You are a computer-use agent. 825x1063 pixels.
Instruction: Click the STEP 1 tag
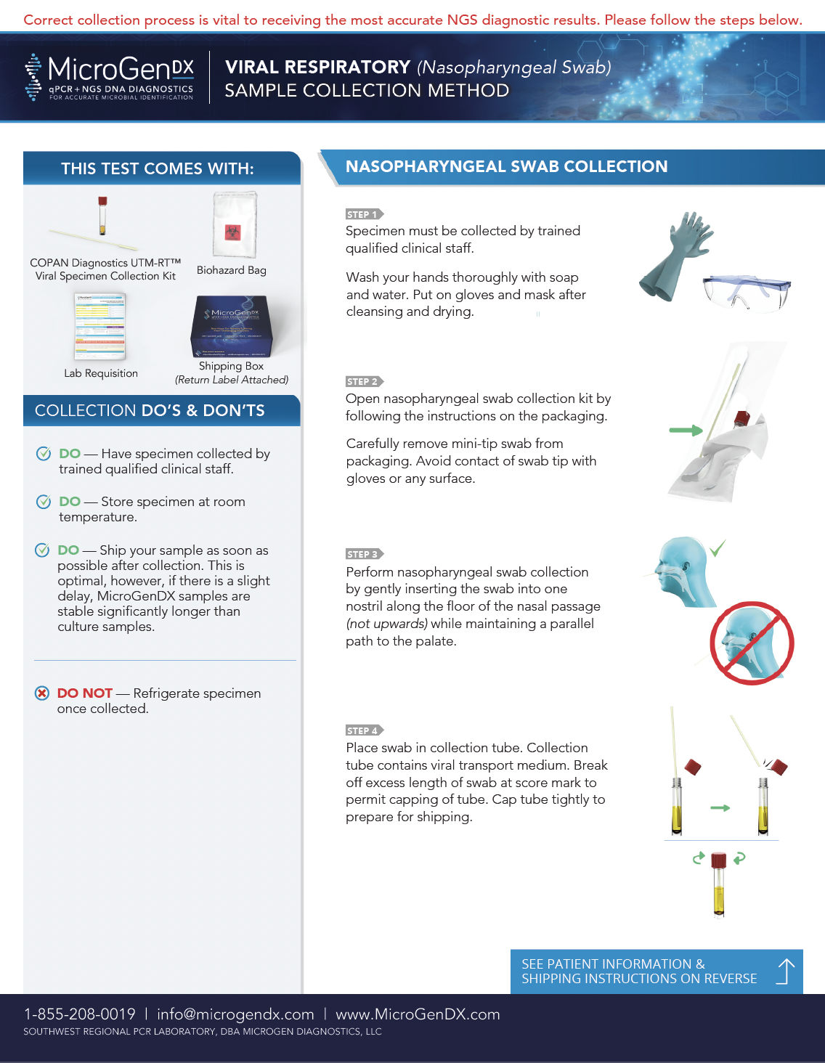pos(363,214)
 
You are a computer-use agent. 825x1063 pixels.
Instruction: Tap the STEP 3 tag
pos(363,554)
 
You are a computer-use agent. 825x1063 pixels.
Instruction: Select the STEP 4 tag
pos(363,730)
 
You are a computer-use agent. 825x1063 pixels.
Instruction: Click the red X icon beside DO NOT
pos(42,693)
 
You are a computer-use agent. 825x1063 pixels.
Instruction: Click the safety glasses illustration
pos(747,291)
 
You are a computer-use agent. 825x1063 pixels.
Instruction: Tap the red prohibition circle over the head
pos(751,643)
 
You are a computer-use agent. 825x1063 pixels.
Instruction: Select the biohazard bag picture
pos(234,224)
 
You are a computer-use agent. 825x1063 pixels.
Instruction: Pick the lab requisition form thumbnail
pos(100,327)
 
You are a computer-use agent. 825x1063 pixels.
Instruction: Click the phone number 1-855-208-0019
pos(80,1014)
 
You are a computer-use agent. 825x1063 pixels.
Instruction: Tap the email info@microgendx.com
pos(235,1014)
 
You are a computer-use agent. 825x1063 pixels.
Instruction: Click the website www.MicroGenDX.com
pos(418,1014)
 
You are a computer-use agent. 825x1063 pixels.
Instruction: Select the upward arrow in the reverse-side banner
pos(785,971)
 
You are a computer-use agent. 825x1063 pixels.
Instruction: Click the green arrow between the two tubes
pos(720,807)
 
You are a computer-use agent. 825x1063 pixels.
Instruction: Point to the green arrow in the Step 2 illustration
pos(686,431)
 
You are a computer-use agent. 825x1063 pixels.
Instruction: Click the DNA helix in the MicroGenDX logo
pos(33,77)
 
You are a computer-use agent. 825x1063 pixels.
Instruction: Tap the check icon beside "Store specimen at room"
pos(44,502)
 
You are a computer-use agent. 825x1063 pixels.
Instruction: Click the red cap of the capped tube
pos(718,860)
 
